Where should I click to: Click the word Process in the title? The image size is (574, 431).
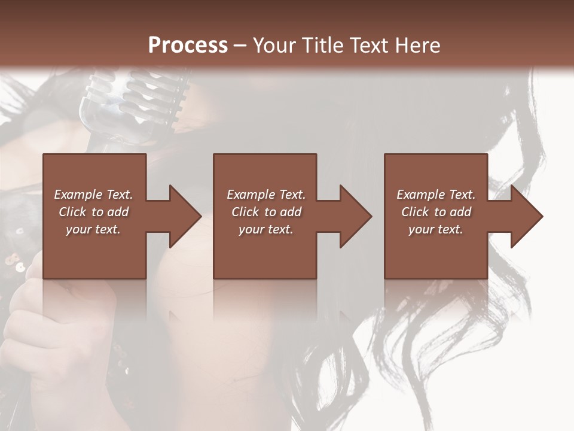(x=188, y=45)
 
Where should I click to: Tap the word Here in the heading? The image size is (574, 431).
(x=418, y=45)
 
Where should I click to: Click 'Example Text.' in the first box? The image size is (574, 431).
(x=93, y=195)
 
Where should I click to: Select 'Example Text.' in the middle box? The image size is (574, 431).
(x=265, y=195)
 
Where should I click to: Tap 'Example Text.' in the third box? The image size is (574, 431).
(x=436, y=195)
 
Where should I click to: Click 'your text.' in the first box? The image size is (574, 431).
(x=93, y=229)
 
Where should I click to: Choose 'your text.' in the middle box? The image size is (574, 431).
(x=265, y=229)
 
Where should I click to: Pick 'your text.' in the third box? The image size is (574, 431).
(x=436, y=229)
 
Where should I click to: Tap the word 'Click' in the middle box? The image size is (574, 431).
(x=245, y=212)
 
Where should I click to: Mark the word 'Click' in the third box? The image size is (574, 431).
(x=415, y=212)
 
